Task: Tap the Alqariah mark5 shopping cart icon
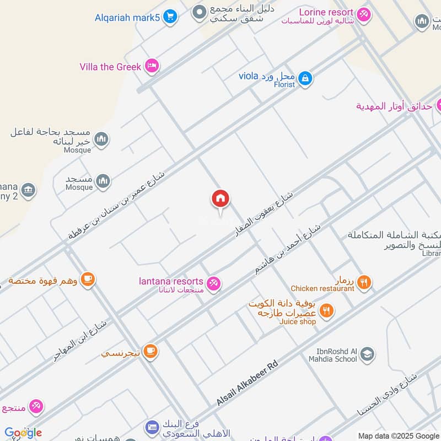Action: click(x=170, y=17)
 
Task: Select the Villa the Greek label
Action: click(x=110, y=67)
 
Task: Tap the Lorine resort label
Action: click(x=326, y=12)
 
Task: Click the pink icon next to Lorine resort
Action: click(x=363, y=14)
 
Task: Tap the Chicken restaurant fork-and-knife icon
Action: click(x=363, y=283)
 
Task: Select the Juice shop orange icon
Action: click(x=327, y=311)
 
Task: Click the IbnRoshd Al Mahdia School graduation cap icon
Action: click(x=367, y=354)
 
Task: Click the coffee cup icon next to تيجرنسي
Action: click(x=150, y=351)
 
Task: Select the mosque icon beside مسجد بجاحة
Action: click(x=101, y=139)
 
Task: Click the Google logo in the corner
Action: click(x=23, y=433)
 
